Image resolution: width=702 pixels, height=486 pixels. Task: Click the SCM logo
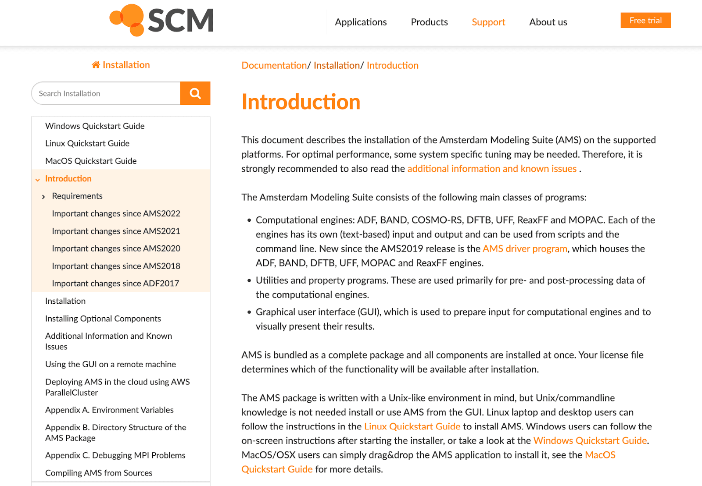click(x=161, y=20)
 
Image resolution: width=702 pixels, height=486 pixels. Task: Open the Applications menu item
click(x=361, y=22)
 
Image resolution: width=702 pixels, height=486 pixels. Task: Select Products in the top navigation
click(x=429, y=22)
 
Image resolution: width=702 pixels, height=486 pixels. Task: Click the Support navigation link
click(x=488, y=22)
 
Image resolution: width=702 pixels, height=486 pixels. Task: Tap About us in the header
click(x=548, y=22)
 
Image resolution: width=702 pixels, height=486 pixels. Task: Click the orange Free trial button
click(x=645, y=21)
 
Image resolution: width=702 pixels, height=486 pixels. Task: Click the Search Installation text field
click(x=105, y=93)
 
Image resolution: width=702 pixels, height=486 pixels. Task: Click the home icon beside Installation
click(x=96, y=65)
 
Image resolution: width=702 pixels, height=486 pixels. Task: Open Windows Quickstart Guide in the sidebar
click(x=95, y=126)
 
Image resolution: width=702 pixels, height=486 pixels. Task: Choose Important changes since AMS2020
click(x=116, y=248)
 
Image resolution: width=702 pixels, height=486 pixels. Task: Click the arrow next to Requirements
click(x=43, y=197)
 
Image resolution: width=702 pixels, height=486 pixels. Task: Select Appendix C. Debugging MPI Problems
click(x=115, y=455)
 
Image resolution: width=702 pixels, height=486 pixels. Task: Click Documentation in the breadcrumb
click(x=274, y=65)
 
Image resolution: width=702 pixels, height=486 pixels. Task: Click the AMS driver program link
click(x=525, y=248)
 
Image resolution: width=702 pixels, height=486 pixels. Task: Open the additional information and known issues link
click(x=491, y=169)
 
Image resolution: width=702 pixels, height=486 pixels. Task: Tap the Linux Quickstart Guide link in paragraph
click(x=412, y=426)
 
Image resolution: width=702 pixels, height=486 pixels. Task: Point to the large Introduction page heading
click(x=301, y=102)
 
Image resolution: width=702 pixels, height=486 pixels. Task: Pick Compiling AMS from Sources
click(x=99, y=473)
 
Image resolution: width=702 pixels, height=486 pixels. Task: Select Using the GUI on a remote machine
click(x=111, y=364)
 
